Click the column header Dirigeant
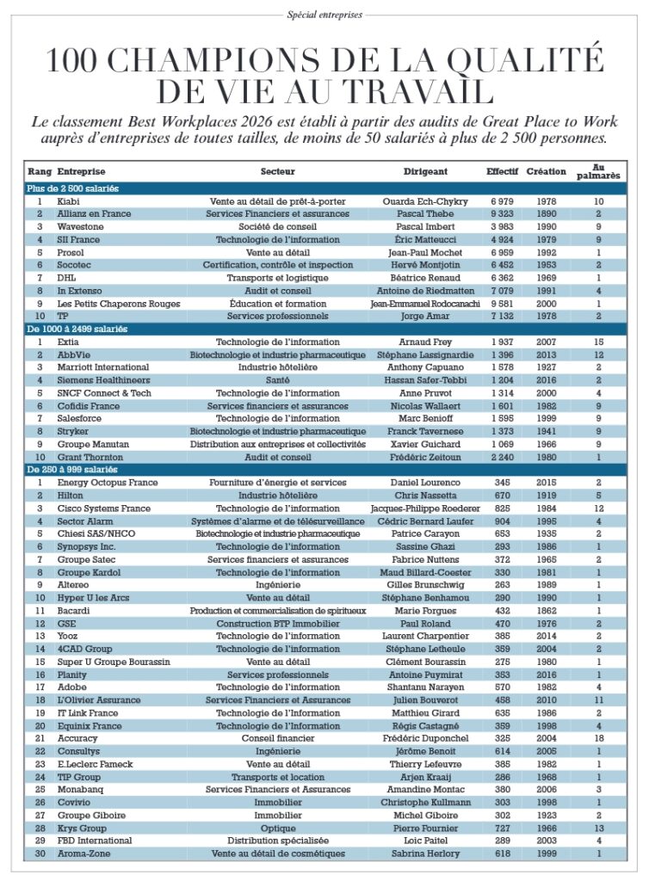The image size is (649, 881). pyautogui.click(x=425, y=171)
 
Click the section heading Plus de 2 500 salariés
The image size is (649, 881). pyautogui.click(x=72, y=188)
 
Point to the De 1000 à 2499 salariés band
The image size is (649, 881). pyautogui.click(x=78, y=329)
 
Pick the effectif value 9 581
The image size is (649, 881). pyautogui.click(x=502, y=303)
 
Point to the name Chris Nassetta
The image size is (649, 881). pyautogui.click(x=425, y=496)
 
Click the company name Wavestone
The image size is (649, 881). pyautogui.click(x=79, y=226)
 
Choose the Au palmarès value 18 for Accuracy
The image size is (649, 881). pyautogui.click(x=598, y=738)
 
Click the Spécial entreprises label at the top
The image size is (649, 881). pyautogui.click(x=324, y=14)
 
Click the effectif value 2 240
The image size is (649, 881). pyautogui.click(x=502, y=457)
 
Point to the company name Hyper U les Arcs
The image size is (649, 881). pyautogui.click(x=92, y=597)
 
